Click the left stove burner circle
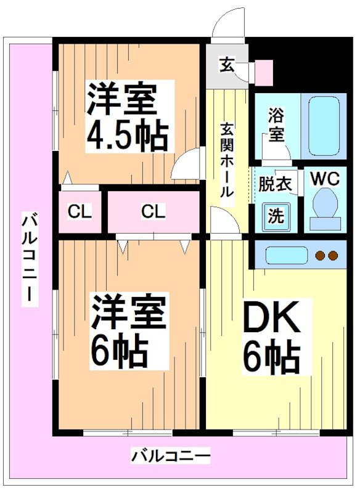(x=320, y=255)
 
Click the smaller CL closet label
(x=80, y=213)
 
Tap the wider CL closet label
(x=153, y=213)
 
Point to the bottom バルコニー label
(x=171, y=457)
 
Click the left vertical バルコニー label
(x=28, y=259)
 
